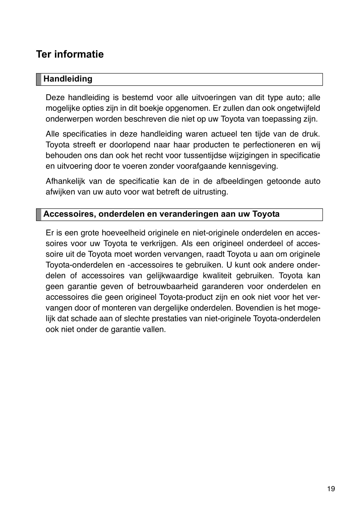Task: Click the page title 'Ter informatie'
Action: [x=70, y=54]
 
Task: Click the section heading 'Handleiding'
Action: [x=68, y=79]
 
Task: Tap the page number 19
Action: [x=331, y=489]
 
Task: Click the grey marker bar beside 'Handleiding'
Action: [x=39, y=79]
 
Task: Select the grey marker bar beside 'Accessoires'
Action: [x=39, y=214]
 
